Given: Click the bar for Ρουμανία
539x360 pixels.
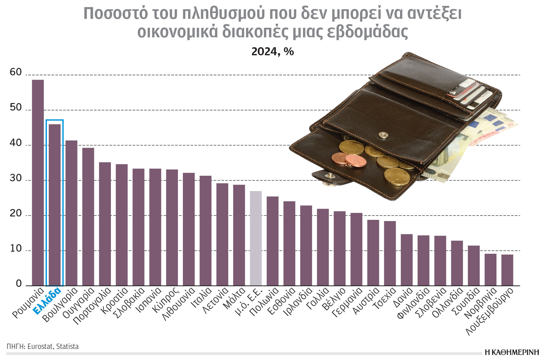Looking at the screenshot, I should (x=38, y=182).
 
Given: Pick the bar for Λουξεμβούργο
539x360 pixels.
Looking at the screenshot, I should (x=507, y=270).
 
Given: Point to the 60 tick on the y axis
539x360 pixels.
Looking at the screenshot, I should (x=16, y=72).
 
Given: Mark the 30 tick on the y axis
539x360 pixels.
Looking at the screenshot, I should (x=16, y=178).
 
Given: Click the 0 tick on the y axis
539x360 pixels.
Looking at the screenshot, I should (x=19, y=284).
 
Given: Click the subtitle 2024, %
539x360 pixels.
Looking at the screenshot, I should (x=272, y=52).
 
